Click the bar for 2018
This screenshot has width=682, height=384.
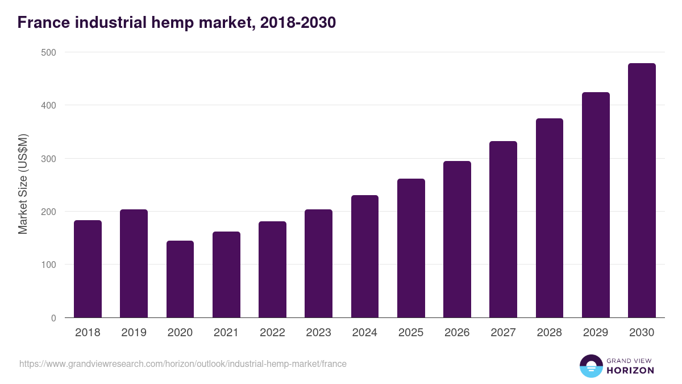pyautogui.click(x=88, y=269)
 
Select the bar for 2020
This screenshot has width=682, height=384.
pyautogui.click(x=180, y=279)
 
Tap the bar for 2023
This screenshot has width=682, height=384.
pyautogui.click(x=318, y=263)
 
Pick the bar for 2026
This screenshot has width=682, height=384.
pyautogui.click(x=457, y=239)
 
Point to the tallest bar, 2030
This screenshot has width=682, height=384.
pyautogui.click(x=642, y=191)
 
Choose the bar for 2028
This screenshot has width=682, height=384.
pyautogui.click(x=550, y=218)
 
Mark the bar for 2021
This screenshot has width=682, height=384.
pyautogui.click(x=226, y=274)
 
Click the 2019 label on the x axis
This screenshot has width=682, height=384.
pyautogui.click(x=134, y=333)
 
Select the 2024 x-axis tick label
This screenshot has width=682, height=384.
pyautogui.click(x=364, y=333)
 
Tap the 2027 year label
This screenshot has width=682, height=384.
pyautogui.click(x=503, y=333)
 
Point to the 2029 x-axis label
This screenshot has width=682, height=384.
pyautogui.click(x=596, y=333)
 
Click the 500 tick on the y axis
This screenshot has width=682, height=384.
pyautogui.click(x=49, y=52)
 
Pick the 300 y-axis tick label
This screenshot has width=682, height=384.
pyautogui.click(x=49, y=159)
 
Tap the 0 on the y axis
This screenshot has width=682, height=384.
pyautogui.click(x=53, y=318)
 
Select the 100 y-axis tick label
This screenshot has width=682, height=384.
pyautogui.click(x=49, y=265)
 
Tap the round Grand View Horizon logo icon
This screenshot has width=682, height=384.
pyautogui.click(x=590, y=366)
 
